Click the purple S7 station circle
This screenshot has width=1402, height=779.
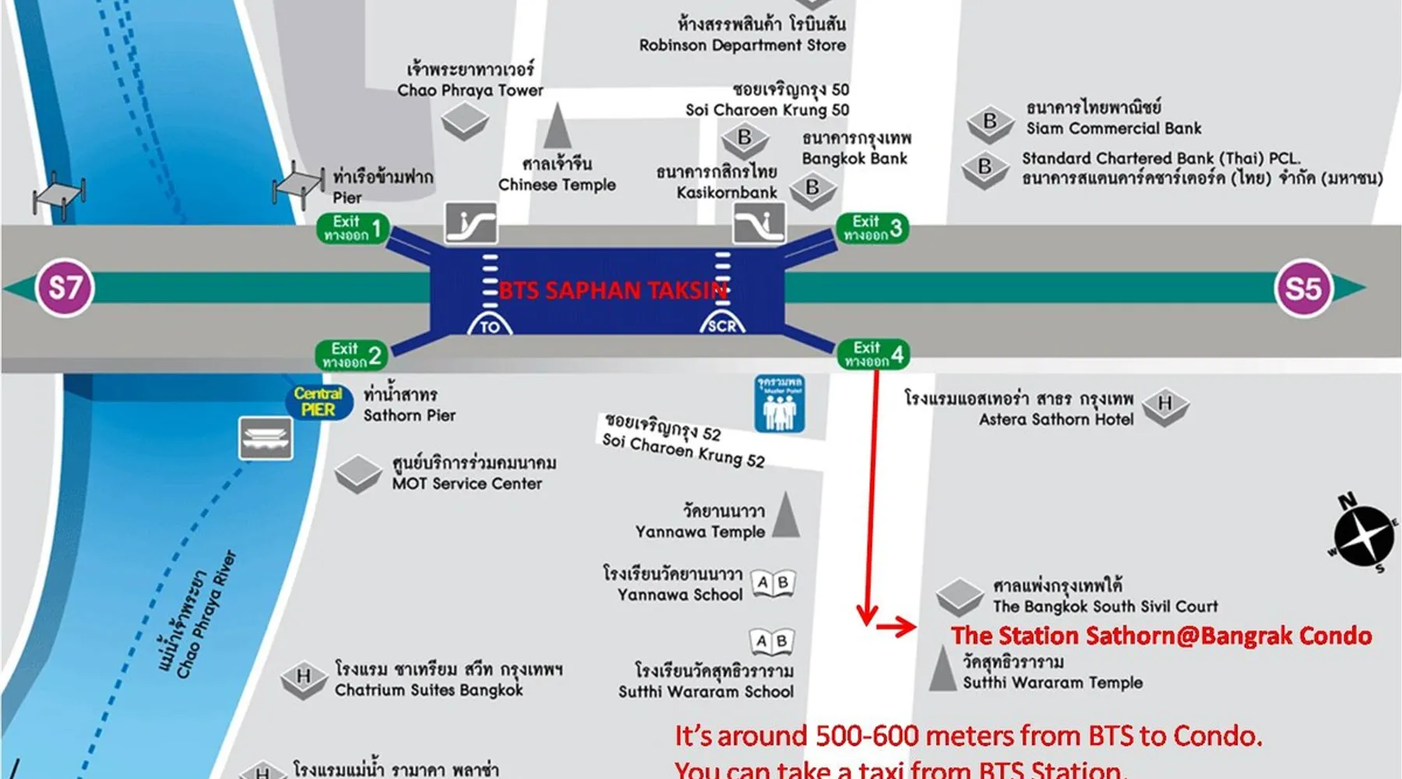pyautogui.click(x=65, y=287)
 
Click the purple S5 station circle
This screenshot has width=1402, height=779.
pyautogui.click(x=1303, y=288)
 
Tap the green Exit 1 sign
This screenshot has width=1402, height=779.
pyautogui.click(x=353, y=228)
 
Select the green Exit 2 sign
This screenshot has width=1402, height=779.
pyautogui.click(x=352, y=355)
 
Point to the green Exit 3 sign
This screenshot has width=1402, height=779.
pyautogui.click(x=872, y=228)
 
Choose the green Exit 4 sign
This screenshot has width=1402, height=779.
pyautogui.click(x=873, y=354)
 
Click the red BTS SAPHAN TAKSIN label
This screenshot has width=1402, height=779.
pyautogui.click(x=613, y=291)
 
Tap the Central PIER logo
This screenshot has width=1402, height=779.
pyautogui.click(x=318, y=401)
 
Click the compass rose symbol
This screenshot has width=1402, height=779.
pyautogui.click(x=1363, y=535)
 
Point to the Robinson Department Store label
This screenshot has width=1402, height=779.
pyautogui.click(x=742, y=45)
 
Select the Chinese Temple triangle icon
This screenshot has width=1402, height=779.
pyautogui.click(x=557, y=126)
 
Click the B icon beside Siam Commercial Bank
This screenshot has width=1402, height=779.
pyautogui.click(x=990, y=122)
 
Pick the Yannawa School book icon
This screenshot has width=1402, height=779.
pyautogui.click(x=773, y=583)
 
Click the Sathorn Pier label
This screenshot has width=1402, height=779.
pyautogui.click(x=409, y=415)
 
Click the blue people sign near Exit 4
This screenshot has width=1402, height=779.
pyautogui.click(x=780, y=404)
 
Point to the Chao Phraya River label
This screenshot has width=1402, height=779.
pyautogui.click(x=204, y=615)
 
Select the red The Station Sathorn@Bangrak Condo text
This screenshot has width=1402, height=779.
pyautogui.click(x=1161, y=636)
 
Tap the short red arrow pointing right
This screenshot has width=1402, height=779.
pyautogui.click(x=897, y=626)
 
